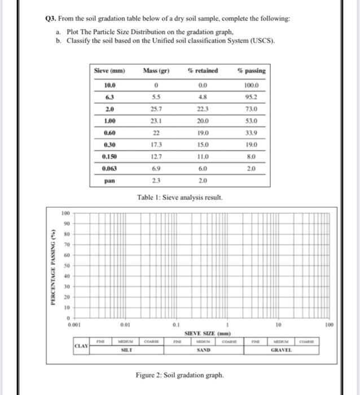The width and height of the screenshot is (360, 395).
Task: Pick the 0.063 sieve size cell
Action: coord(109,169)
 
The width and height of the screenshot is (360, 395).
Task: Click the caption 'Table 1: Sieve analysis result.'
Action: coord(179,197)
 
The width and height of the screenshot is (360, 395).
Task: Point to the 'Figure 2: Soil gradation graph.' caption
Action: coord(179,375)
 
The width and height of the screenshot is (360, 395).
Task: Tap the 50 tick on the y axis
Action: coord(67,265)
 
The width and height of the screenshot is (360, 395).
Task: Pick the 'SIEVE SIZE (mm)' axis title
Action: coord(204,333)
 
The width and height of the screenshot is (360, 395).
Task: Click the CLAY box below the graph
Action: coord(82,345)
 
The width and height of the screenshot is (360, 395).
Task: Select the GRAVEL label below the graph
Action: coord(280,350)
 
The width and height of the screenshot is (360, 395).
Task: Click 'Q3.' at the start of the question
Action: coord(51,19)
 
